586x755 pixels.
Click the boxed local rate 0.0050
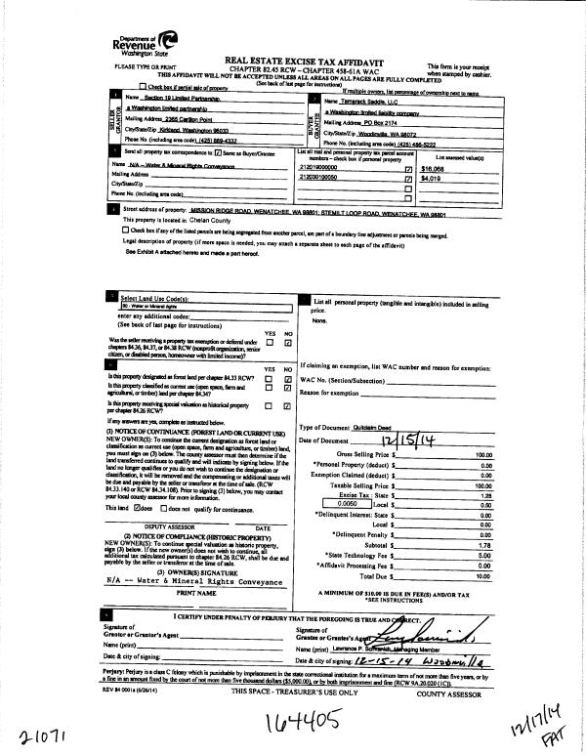click(336, 503)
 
